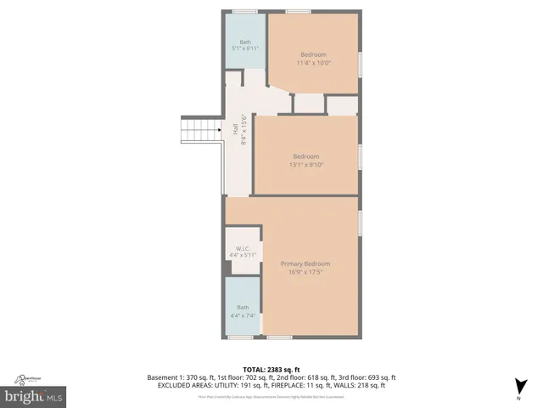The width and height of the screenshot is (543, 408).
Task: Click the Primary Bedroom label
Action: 305,264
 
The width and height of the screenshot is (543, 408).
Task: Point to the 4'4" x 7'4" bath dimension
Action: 244,315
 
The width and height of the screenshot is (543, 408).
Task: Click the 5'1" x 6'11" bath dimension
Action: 244,49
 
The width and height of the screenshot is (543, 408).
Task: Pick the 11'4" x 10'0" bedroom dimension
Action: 313,63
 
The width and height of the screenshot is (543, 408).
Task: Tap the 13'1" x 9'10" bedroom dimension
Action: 306,165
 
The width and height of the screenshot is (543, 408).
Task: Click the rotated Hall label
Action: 235,130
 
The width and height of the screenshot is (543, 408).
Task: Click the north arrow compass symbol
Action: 518,383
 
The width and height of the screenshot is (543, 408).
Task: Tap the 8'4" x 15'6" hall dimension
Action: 244,130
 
